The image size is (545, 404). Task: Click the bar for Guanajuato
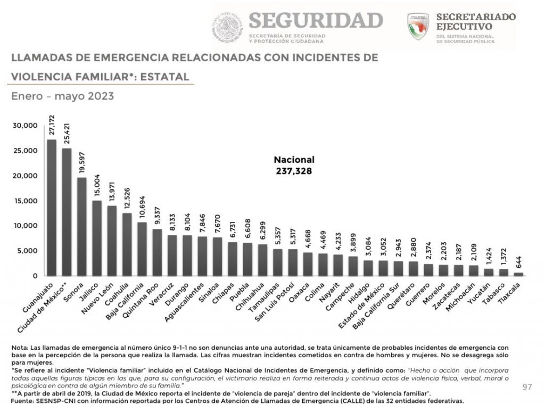click(52, 208)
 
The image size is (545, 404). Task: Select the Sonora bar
click(82, 226)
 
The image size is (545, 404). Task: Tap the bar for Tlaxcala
click(518, 274)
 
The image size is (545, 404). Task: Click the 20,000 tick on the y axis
click(26, 176)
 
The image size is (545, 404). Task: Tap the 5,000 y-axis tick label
click(28, 251)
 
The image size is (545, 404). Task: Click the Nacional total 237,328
click(293, 171)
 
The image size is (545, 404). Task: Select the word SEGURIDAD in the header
click(316, 20)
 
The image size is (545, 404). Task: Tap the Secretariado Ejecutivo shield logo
click(418, 26)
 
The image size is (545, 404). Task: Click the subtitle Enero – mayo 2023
click(62, 97)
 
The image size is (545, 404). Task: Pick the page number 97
click(527, 386)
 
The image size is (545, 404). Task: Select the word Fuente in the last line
click(22, 400)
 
